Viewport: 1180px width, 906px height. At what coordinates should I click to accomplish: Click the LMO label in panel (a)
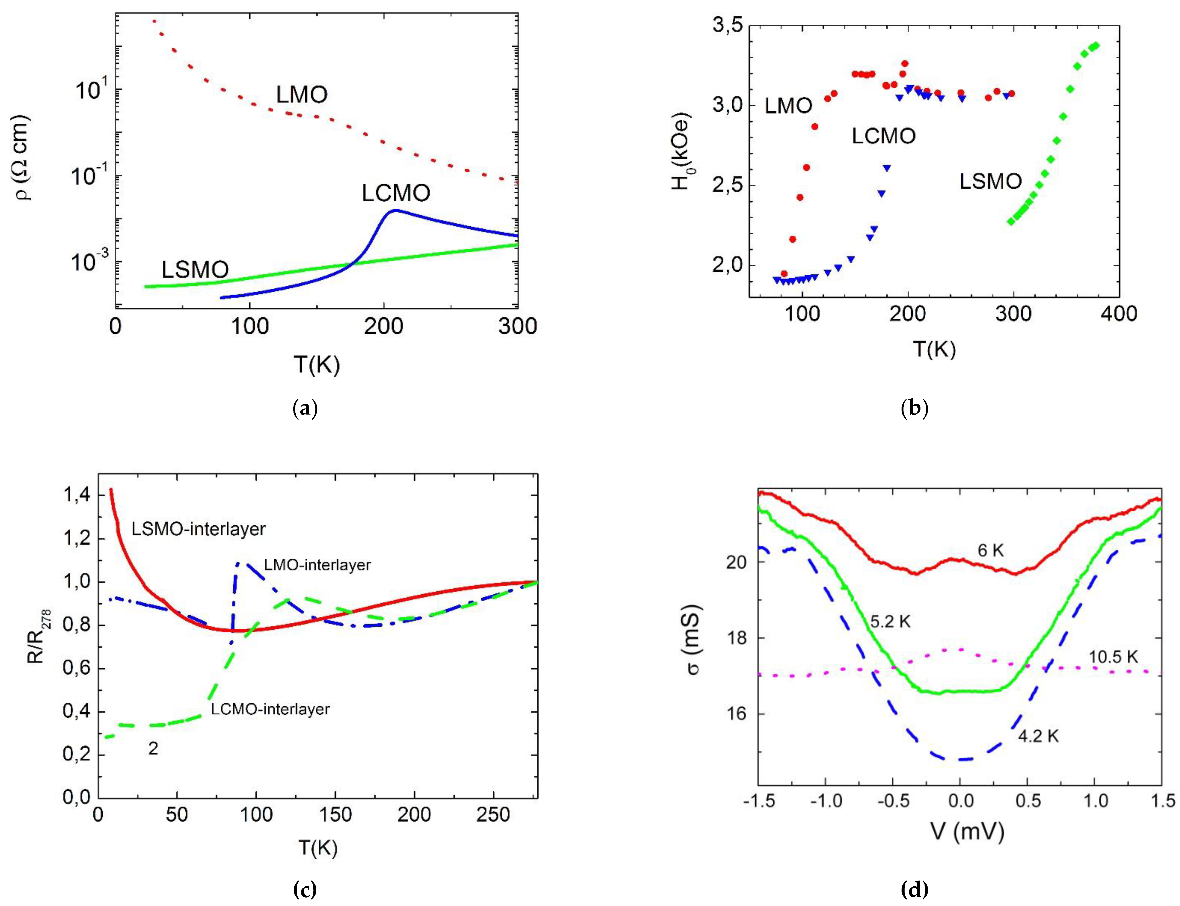pyautogui.click(x=302, y=95)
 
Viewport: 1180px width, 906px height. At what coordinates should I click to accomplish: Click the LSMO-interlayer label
pyautogui.click(x=198, y=529)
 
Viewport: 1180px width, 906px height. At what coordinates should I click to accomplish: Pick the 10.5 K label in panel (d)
pyautogui.click(x=1113, y=656)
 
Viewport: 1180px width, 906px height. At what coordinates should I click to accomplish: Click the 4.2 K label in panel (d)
pyautogui.click(x=1039, y=736)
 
